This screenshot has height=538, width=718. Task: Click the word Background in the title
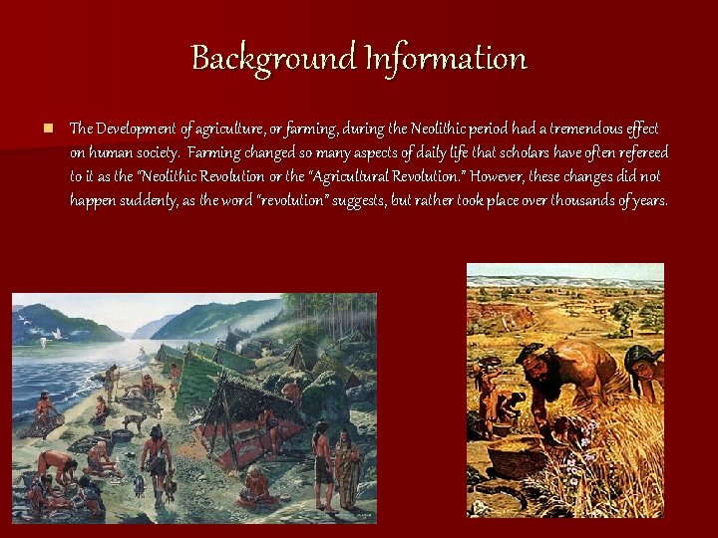point(258,58)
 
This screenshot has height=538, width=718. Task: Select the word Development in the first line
point(138,129)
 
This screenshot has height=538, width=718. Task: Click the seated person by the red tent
point(256,483)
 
